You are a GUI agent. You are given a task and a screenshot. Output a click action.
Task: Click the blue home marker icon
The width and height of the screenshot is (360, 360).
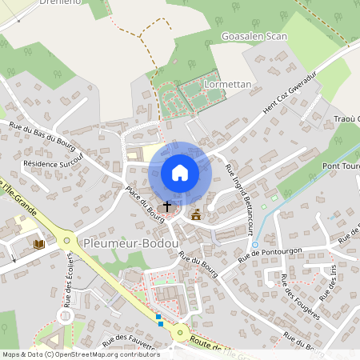179,173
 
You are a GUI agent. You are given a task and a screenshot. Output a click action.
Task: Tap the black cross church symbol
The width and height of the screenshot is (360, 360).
167,206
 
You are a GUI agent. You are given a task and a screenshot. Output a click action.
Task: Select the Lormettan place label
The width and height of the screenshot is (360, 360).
227,83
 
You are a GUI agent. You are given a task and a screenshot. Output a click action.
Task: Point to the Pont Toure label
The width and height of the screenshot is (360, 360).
340,166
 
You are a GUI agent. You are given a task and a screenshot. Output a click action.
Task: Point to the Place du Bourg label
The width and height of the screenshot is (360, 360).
140,205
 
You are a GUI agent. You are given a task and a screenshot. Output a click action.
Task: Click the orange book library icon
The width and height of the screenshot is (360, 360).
38,243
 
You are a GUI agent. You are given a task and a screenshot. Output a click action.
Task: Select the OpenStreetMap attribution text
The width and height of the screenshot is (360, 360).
81,354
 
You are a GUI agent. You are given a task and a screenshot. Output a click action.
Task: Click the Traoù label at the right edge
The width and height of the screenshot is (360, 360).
346,119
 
